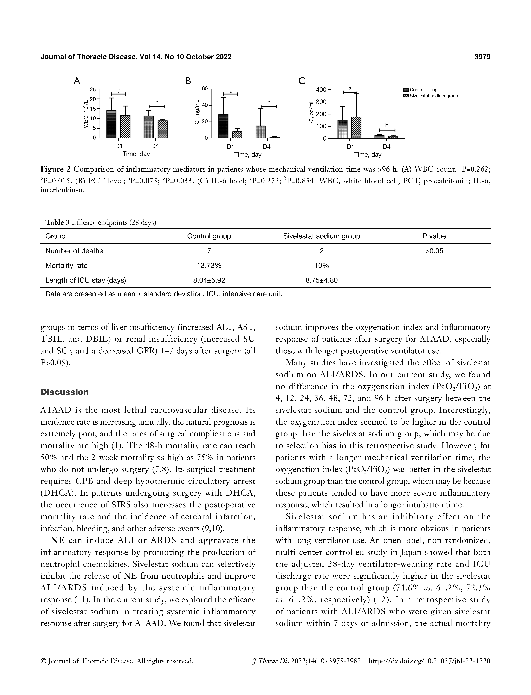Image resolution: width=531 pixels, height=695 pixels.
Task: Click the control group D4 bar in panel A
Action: click(x=149, y=127)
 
